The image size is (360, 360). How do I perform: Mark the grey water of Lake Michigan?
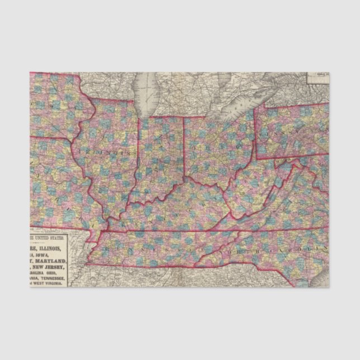pos(147,95)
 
